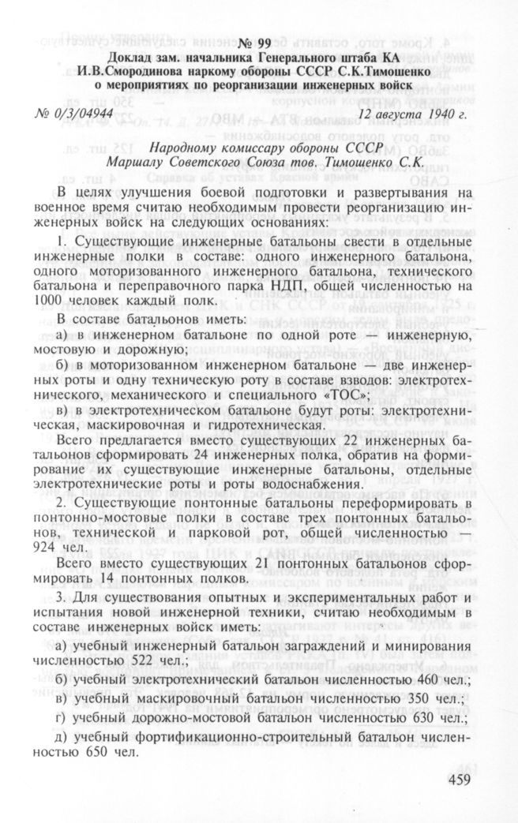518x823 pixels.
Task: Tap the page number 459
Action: pos(452,780)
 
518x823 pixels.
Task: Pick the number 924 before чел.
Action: pos(50,546)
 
